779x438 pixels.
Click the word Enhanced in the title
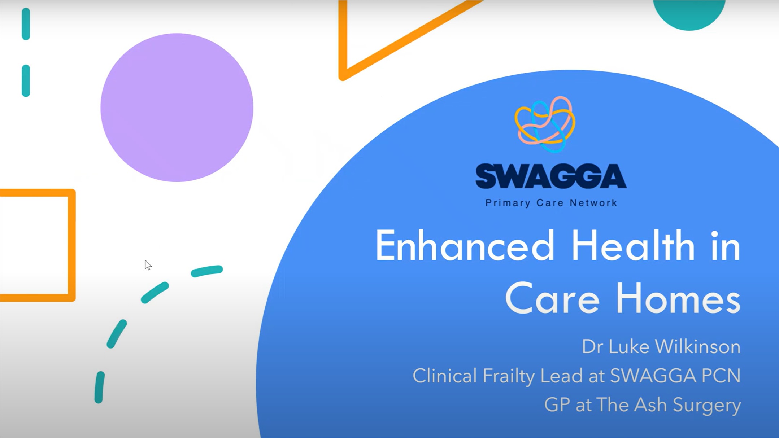coord(465,246)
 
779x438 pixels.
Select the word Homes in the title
coord(679,299)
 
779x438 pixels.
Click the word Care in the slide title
coord(552,299)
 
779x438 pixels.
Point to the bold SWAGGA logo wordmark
coord(551,176)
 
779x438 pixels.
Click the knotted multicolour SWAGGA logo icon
coord(545,124)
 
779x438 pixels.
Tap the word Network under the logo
coord(593,203)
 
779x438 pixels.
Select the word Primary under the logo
coord(508,203)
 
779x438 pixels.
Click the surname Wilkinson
coord(698,347)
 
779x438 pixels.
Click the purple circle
coord(177,108)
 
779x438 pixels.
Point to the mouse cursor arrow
coord(148,265)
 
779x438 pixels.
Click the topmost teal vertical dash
coord(26,24)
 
